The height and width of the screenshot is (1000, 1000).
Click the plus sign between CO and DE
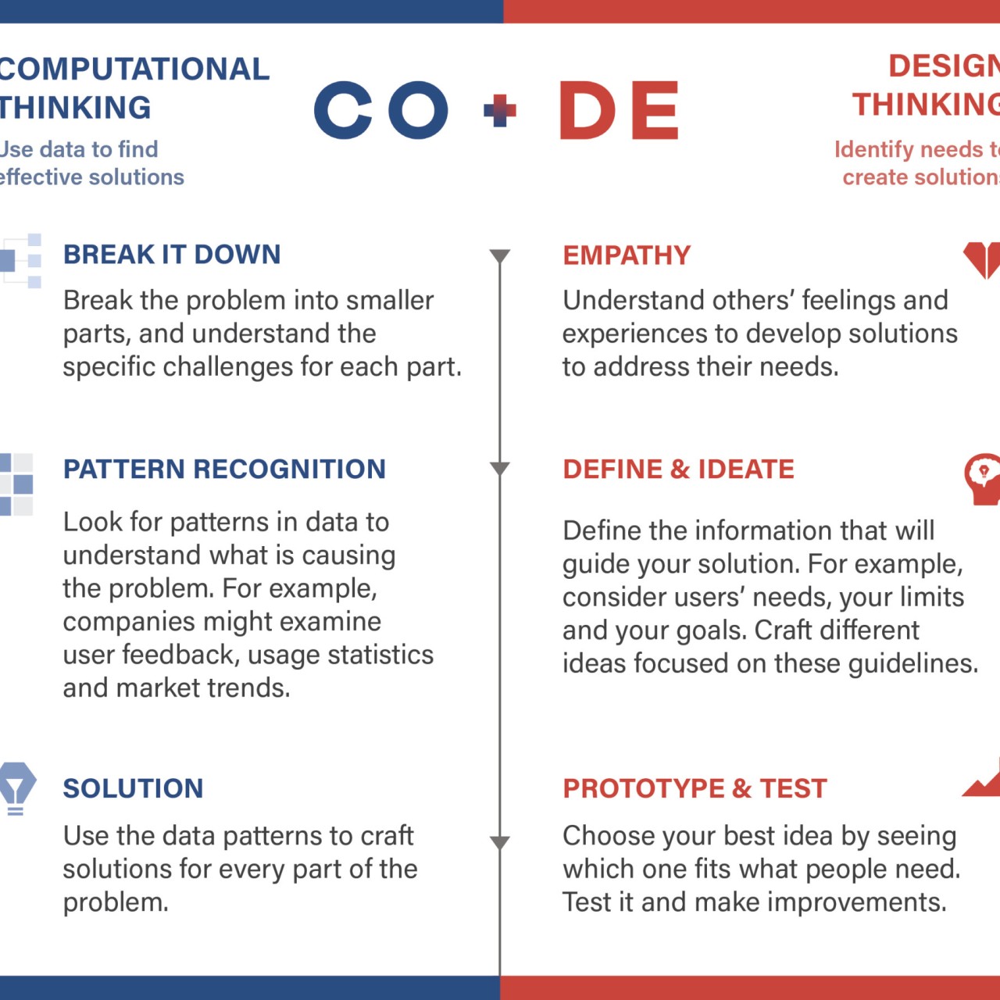499,110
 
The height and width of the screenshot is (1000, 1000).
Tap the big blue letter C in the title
343,110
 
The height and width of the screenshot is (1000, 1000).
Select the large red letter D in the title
587,110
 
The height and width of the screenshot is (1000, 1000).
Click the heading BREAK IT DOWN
172,254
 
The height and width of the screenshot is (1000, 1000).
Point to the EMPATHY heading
627,255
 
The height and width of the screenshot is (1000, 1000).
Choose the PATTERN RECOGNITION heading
225,469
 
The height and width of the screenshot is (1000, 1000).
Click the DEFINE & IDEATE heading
679,469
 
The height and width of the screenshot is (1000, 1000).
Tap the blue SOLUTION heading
134,788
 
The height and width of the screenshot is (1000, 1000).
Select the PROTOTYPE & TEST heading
695,788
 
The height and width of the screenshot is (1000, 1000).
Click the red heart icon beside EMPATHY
982,260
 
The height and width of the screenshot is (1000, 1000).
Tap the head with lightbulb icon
983,479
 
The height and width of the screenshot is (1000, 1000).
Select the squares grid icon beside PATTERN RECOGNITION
16,484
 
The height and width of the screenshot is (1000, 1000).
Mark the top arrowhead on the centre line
500,256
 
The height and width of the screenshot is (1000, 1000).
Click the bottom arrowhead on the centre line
500,842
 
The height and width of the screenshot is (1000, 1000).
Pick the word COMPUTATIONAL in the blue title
134,69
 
